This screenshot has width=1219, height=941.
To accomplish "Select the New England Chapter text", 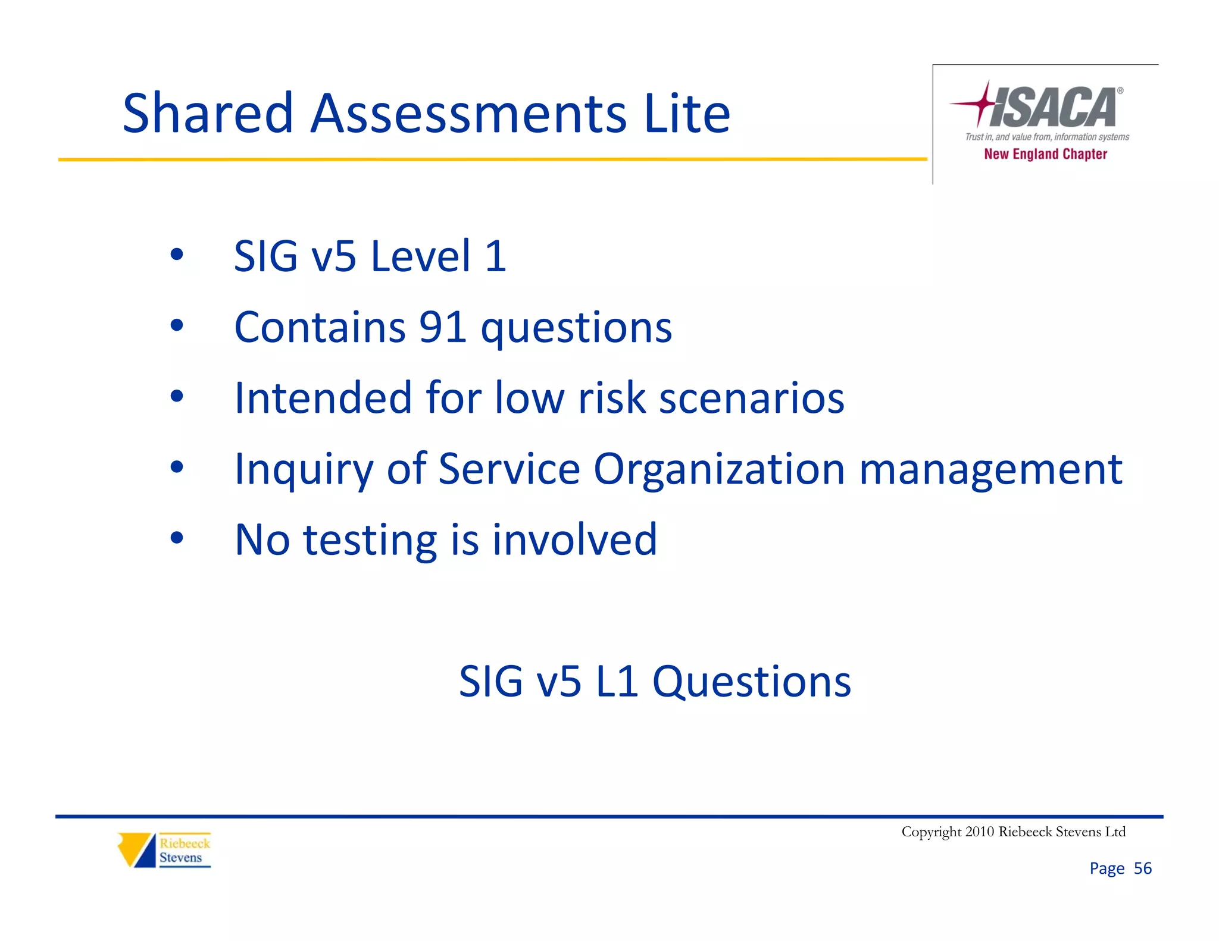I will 1045,154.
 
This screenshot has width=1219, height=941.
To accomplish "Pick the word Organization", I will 719,469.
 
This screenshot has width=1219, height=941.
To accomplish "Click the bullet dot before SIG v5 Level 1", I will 176,255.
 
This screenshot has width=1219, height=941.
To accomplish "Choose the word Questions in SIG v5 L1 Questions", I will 751,682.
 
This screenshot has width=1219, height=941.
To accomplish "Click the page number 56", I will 1142,868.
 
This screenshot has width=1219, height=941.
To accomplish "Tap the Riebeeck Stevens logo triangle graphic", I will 136,849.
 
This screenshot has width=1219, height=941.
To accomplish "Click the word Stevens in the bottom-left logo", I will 180,858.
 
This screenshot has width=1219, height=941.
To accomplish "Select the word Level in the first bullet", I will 421,256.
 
